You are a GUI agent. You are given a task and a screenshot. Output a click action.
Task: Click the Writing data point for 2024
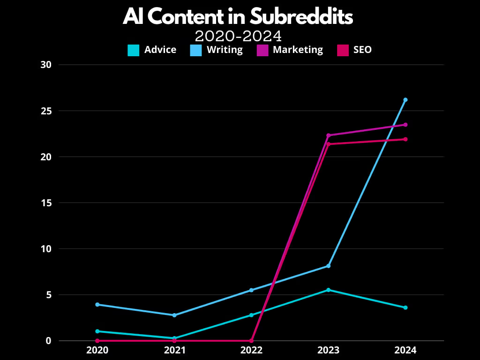(x=405, y=100)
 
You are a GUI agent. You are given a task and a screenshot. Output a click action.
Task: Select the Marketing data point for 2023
(x=329, y=135)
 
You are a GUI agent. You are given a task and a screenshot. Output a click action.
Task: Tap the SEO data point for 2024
(x=405, y=139)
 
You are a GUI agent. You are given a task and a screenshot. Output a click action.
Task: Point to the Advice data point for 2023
(x=329, y=290)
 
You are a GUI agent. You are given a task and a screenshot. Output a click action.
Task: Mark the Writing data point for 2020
(x=97, y=305)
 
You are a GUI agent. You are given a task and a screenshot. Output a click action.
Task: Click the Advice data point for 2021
(x=174, y=338)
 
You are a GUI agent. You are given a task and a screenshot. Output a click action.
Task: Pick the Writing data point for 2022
(x=251, y=290)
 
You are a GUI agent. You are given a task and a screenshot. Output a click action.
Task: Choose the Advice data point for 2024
(x=405, y=307)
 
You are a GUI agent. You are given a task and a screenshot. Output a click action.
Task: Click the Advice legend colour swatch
(x=134, y=50)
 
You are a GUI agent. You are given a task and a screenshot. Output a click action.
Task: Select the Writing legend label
(x=225, y=50)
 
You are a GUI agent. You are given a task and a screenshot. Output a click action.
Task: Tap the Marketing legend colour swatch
(x=262, y=50)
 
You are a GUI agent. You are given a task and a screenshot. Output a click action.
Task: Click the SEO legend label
(x=362, y=50)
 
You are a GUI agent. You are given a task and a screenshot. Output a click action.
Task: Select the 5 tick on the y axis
(x=48, y=295)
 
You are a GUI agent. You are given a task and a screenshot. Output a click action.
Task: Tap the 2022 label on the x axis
(x=251, y=350)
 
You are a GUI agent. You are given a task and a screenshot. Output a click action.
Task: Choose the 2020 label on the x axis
(x=97, y=350)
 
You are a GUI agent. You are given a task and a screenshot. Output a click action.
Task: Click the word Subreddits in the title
(x=301, y=17)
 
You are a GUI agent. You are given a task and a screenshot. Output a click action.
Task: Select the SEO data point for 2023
(x=329, y=144)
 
